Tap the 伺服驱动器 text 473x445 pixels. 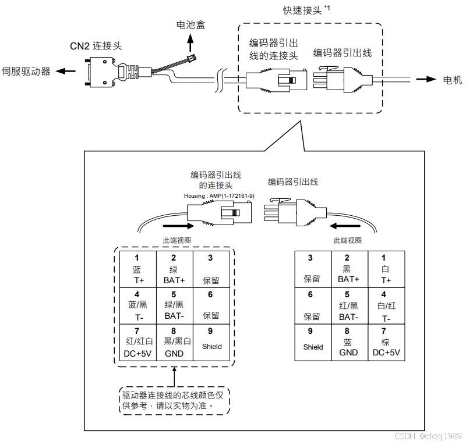(x=26, y=72)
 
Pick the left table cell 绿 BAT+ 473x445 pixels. (x=174, y=268)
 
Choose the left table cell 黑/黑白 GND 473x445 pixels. (x=174, y=343)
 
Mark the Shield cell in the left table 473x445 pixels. (x=211, y=343)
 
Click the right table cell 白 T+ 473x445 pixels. (x=386, y=268)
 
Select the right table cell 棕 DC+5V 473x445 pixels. (x=386, y=343)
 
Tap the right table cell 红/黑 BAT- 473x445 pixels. (x=348, y=305)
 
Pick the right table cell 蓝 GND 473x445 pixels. (x=348, y=343)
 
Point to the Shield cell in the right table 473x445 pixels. (x=313, y=343)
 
